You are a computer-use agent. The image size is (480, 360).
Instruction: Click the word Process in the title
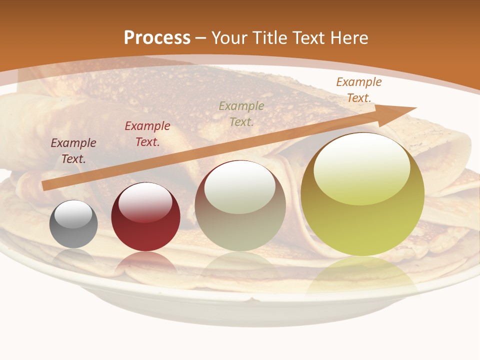(x=157, y=38)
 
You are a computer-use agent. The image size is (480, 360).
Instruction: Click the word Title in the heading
(x=270, y=38)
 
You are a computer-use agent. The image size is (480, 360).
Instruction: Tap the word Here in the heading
(x=349, y=38)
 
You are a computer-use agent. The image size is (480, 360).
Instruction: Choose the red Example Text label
(x=147, y=134)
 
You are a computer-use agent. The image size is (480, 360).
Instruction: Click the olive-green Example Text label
(x=241, y=113)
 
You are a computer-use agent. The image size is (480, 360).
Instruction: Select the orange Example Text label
(x=359, y=90)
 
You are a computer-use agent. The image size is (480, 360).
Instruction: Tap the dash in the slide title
(x=201, y=38)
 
